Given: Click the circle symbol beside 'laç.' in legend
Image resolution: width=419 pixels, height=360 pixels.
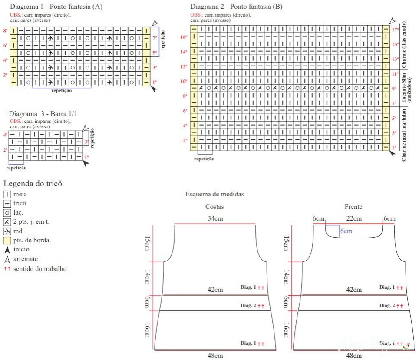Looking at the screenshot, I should pos(7,213).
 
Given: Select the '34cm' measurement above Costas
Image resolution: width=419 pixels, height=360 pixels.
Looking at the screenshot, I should pos(215,218).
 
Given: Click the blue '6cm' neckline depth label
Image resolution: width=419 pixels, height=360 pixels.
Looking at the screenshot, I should pos(346,231).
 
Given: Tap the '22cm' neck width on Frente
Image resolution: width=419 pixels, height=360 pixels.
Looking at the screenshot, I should pos(354,218).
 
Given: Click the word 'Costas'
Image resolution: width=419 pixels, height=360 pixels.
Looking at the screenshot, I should pos(214,207).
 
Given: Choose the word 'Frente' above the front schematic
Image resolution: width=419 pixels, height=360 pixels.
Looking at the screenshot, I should pos(353,207).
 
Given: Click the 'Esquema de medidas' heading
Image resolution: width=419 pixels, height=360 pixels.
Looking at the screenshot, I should pos(214,194).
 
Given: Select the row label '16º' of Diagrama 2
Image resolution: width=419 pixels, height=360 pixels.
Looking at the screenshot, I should pos(184,37).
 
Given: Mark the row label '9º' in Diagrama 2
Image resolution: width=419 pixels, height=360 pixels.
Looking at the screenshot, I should pos(395,89).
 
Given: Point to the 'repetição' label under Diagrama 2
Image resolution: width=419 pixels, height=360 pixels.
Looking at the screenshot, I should pos(204,159).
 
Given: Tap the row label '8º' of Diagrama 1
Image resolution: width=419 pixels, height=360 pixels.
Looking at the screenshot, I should pos(6,30).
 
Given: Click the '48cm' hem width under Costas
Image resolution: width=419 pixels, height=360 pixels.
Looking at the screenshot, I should pos(215,356).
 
